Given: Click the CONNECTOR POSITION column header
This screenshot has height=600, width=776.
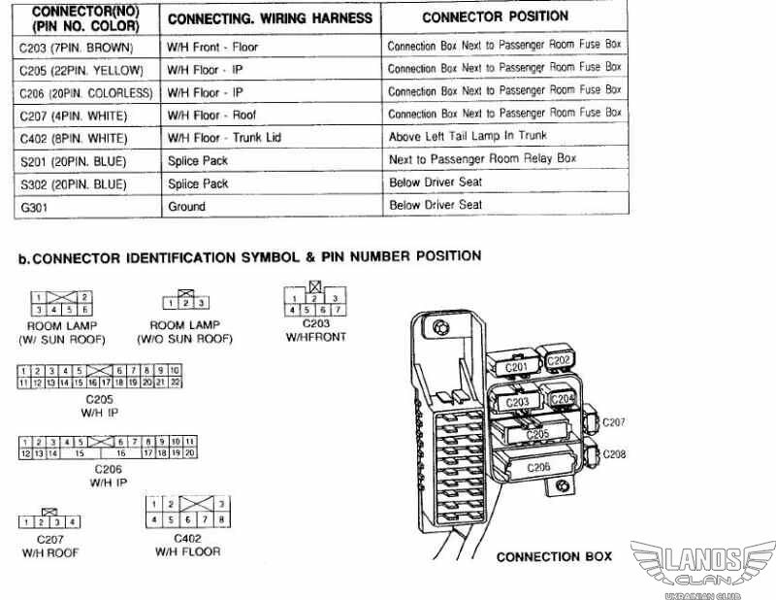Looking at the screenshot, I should pos(495,17).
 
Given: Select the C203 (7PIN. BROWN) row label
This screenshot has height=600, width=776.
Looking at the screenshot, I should pos(77,48).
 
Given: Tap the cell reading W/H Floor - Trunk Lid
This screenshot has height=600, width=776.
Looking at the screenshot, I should pos(224,138).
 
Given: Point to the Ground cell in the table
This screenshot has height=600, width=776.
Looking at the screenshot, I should pos(186,206).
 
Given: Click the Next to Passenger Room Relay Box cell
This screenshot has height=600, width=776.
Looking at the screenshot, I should pos(483,159).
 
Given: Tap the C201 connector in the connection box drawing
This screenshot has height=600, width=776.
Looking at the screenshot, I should pos(517,366).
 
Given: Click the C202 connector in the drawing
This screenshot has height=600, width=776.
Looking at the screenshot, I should pos(559,360).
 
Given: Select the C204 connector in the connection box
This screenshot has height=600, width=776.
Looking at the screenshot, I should pos(564,398).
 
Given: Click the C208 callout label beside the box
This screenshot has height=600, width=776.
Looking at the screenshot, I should pos(614,454).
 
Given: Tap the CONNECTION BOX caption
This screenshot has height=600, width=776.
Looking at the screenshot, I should pos(554,557).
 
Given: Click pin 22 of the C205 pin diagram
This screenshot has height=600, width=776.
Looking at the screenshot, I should pos(176,383).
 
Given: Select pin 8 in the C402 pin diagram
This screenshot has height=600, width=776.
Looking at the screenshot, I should pos(221,518).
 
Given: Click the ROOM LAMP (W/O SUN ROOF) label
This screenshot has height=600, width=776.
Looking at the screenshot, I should pos(191,332).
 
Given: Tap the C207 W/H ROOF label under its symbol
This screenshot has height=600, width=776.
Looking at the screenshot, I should pos(49,546).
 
